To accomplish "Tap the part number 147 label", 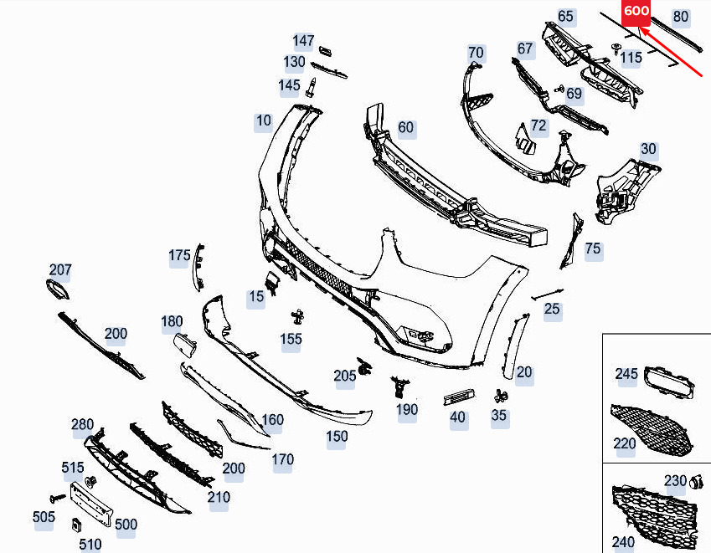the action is coord(303,41).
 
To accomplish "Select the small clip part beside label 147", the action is coord(325,51).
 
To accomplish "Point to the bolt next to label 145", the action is coord(311,87).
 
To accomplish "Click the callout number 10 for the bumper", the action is coord(264,121).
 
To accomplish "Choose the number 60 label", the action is coord(405,127).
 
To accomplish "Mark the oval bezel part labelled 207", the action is coord(59,289).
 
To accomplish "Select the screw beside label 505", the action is coord(57,498).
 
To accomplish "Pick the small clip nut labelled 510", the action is coord(77,525).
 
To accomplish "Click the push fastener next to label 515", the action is coord(91,483).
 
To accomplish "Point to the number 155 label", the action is coord(291,339).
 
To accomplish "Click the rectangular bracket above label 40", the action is coord(459,397).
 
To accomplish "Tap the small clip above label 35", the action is coord(500,396).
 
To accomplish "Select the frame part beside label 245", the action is coord(669,382).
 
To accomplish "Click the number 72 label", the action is coord(538,125).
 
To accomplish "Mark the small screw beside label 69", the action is coord(559,90).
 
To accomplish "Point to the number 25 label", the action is coord(552,309).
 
